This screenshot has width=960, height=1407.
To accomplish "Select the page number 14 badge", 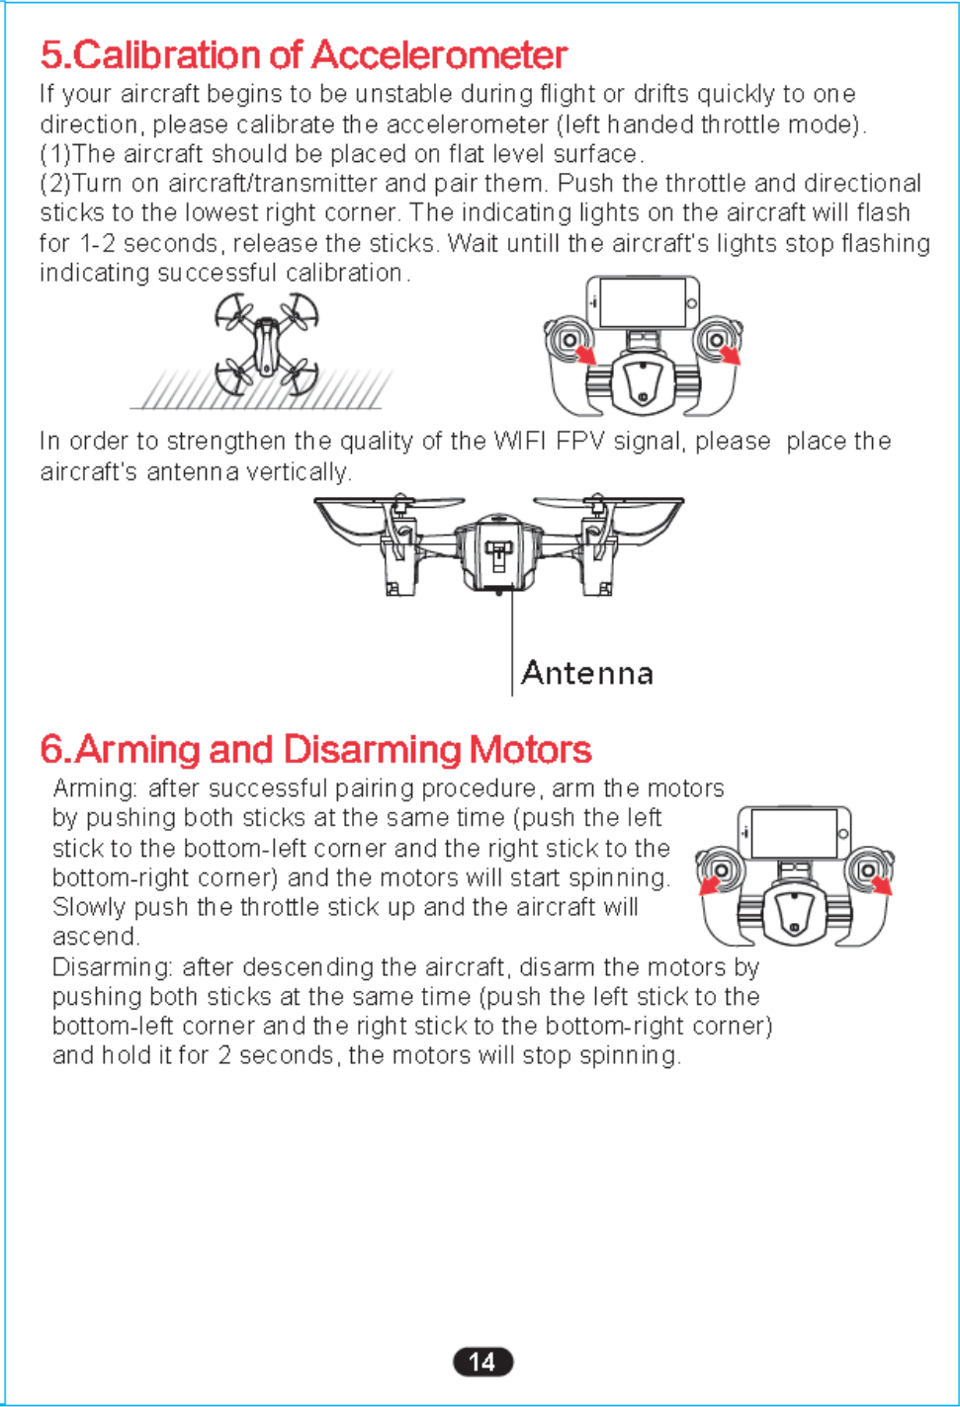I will coord(482,1362).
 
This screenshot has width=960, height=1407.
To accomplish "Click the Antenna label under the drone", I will coord(587,674).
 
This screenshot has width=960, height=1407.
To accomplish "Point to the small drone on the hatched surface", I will coord(266,346).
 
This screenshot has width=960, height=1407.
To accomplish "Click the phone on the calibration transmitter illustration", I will coord(644,301).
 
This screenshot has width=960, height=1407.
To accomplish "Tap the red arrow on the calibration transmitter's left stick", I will coord(586,353).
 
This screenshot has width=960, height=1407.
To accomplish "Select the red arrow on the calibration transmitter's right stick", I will coord(731,353).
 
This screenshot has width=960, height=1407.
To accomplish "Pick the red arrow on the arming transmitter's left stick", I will coord(709,884).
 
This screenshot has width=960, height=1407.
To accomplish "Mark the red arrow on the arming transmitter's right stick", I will coord(881,884).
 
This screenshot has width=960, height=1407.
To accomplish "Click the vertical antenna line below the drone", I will coord(512,642).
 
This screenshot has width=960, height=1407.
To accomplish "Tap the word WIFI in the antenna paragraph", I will coord(520,442).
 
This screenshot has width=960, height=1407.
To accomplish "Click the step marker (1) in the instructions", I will coord(55,154).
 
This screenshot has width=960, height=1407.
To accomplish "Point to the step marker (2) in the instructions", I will coord(55,184).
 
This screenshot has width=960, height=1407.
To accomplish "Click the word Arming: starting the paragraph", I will coord(95,788).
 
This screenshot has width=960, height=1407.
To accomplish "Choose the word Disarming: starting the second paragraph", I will coord(113,966).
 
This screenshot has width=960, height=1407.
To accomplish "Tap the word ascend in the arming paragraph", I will coord(94,937).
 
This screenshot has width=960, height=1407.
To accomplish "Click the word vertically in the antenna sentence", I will coord(298,472).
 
